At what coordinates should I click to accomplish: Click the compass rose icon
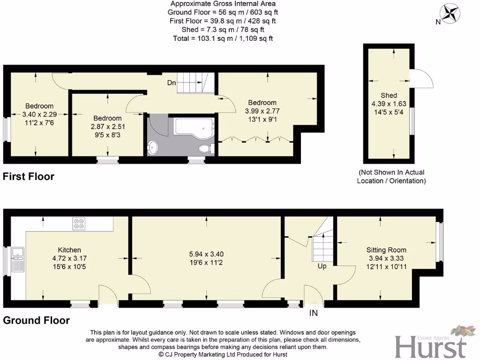point(451,13)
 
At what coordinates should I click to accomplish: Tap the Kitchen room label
point(69,250)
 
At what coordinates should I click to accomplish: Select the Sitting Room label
point(386,250)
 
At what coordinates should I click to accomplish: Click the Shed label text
point(389,95)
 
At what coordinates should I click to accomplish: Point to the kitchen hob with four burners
point(78,224)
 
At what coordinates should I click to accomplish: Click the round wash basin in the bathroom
point(154,148)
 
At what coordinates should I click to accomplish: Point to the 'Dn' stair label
point(172,83)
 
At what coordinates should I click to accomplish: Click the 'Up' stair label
point(322,266)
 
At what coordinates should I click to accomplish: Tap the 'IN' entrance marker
point(313,312)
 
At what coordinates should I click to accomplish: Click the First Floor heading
point(29,177)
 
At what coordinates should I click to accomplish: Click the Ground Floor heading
point(36,321)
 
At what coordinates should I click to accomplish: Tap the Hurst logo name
point(431,347)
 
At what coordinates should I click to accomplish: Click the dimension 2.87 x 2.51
point(107,127)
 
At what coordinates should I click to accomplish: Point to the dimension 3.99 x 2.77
point(262,111)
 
